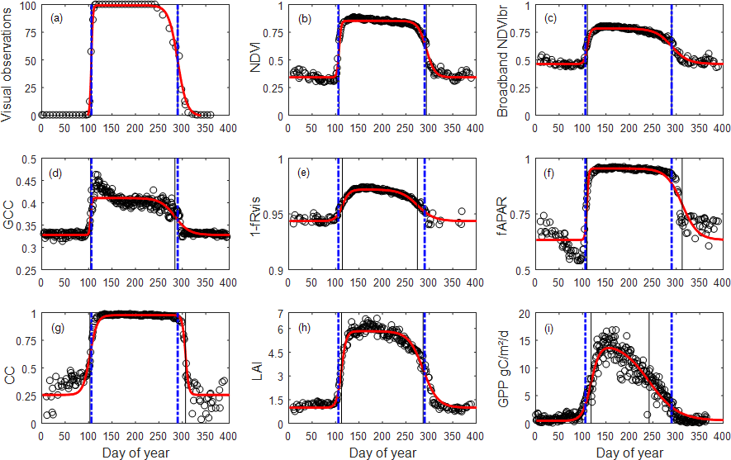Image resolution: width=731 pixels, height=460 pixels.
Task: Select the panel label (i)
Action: coord(548,325)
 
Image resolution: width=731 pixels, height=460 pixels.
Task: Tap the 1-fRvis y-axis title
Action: coord(257,215)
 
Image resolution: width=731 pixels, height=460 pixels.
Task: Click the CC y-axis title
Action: coord(9,369)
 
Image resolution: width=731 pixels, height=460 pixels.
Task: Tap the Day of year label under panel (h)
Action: coord(381,453)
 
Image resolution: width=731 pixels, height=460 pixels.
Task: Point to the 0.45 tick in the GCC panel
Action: coord(26,182)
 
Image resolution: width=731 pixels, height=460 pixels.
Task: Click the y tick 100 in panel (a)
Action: coord(27,6)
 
